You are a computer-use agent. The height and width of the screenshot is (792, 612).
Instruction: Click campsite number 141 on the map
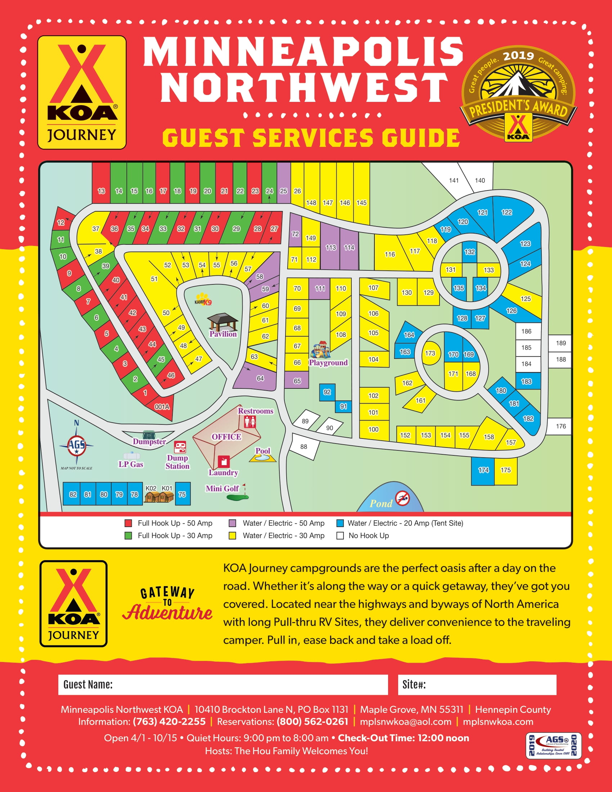pos(454,180)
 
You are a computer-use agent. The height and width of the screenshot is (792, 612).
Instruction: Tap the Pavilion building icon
pos(222,321)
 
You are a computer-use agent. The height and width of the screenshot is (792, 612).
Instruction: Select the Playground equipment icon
pos(320,350)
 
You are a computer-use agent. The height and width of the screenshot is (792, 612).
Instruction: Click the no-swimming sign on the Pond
pos(402,498)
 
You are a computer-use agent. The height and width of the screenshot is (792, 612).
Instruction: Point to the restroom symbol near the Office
pos(250,422)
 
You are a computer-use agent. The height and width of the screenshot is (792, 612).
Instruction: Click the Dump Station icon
pos(180,447)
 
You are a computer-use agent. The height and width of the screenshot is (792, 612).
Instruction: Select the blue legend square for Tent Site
pos(340,523)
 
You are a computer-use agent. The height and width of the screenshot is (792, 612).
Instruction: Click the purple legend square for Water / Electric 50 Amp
pos(233,523)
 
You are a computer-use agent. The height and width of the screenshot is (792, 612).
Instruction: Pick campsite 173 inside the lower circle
pos(430,353)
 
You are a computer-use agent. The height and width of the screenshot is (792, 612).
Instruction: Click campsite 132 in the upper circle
pos(469,251)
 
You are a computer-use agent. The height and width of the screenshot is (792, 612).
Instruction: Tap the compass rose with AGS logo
pos(76,445)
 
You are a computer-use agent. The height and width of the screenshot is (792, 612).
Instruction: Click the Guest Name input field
pos(223,685)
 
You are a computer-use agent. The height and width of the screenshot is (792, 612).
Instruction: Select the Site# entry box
pos(477,685)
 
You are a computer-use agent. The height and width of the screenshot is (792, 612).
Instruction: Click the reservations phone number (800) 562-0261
pos(312,722)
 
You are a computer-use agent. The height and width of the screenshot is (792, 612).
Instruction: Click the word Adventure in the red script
pos(167,612)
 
